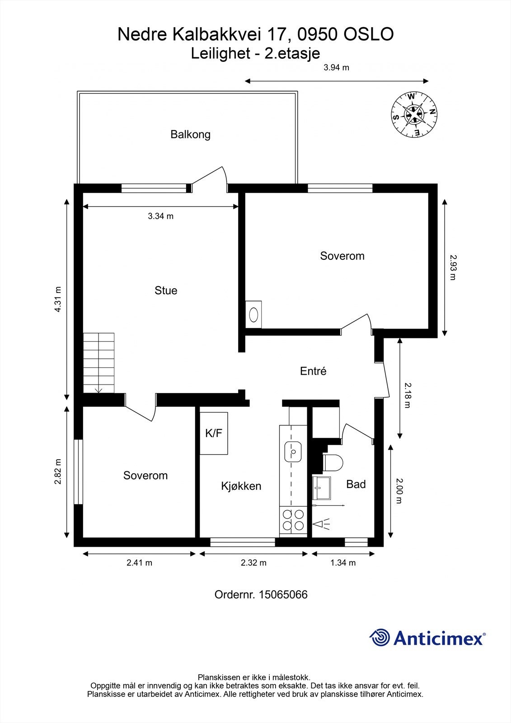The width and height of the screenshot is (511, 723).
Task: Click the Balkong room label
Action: tap(190, 134)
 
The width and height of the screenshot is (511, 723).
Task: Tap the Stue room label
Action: tap(166, 291)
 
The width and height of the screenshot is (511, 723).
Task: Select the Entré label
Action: tap(313, 371)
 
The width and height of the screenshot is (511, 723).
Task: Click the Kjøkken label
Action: tap(241, 486)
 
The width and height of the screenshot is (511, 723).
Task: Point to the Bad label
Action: tap(356, 484)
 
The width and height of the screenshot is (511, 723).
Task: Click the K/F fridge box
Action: tap(214, 433)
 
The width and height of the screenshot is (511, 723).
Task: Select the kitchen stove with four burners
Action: tap(293, 520)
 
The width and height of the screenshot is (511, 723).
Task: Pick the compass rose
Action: tap(414, 114)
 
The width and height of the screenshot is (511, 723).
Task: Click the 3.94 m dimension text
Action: tap(337, 68)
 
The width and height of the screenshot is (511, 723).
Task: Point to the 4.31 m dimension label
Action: tap(58, 300)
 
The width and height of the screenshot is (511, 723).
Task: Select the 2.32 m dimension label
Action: tap(253, 563)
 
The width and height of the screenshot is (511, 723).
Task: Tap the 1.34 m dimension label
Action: tap(343, 563)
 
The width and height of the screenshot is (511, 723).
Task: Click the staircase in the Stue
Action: tap(99, 363)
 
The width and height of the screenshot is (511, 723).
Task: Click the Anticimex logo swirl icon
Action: tap(380, 638)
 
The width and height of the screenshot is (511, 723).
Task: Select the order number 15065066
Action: tap(283, 595)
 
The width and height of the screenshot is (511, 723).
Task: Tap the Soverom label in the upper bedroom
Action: tap(342, 256)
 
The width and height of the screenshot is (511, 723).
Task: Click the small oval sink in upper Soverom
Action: tap(254, 314)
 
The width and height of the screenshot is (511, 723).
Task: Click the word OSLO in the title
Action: tap(369, 34)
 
